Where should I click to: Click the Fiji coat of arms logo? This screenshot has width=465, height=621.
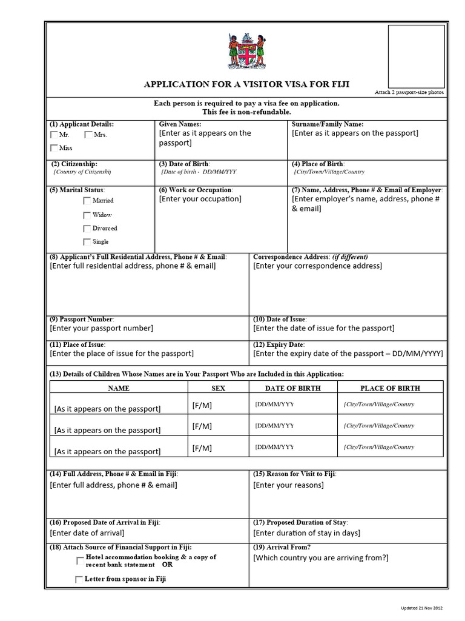click(x=246, y=51)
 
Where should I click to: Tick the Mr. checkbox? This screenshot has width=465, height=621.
click(x=54, y=135)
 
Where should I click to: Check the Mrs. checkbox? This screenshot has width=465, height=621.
click(x=88, y=135)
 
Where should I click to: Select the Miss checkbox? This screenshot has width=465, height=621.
click(x=54, y=147)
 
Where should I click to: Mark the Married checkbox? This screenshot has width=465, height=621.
click(x=87, y=200)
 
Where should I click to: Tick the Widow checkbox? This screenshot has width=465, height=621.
click(x=87, y=215)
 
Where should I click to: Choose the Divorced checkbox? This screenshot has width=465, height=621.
click(x=87, y=229)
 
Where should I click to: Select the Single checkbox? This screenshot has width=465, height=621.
click(x=87, y=242)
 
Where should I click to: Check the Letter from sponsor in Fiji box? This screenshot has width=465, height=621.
click(x=79, y=579)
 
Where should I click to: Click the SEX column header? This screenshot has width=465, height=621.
click(x=218, y=388)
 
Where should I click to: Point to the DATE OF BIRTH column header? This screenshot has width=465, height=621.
click(x=293, y=388)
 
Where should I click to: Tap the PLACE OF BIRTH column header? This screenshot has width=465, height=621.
click(x=390, y=388)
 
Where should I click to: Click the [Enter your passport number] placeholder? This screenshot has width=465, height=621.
click(x=101, y=328)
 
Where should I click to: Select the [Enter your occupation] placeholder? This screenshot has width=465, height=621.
click(x=200, y=199)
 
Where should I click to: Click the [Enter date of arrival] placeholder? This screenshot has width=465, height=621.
click(x=87, y=533)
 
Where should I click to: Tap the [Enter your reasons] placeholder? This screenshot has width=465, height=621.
click(x=288, y=485)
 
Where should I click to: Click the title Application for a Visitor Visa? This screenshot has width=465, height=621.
click(x=246, y=84)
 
